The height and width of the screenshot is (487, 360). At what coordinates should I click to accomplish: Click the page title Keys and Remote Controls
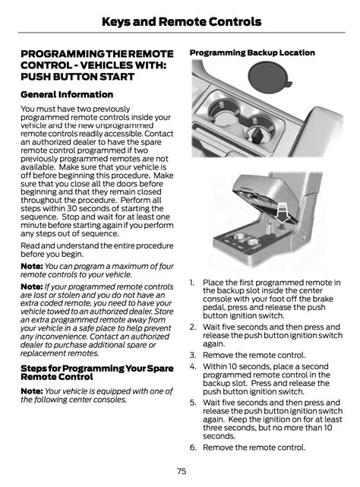point(182,22)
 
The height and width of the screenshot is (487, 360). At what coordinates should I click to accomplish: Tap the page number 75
point(182,471)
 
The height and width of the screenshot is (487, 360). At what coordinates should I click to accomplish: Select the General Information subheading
point(67,94)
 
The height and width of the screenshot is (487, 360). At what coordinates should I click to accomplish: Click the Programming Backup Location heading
point(252,52)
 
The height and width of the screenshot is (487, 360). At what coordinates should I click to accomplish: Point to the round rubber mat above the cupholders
point(269,77)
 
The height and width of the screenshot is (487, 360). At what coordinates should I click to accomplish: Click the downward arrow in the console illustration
point(283,213)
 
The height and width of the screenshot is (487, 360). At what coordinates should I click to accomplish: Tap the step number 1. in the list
point(192,283)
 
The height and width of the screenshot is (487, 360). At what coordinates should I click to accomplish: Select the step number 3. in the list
point(193,355)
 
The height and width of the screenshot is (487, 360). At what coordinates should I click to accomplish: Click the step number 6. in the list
point(193,447)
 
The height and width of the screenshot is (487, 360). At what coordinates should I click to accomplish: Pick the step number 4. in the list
point(193,366)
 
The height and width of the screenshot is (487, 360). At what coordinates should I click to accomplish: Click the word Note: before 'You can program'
point(32,266)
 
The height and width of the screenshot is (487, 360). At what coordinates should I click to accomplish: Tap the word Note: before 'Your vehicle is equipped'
point(32,391)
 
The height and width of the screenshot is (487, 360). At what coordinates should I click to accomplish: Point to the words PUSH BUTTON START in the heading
point(77,77)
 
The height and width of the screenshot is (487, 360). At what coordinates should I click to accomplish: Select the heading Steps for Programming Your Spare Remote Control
point(97,372)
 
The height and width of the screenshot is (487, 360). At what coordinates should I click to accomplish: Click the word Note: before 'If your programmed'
point(32,286)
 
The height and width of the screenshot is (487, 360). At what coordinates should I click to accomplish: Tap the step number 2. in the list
point(193,327)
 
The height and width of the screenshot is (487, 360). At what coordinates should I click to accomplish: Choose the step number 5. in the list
point(193,403)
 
